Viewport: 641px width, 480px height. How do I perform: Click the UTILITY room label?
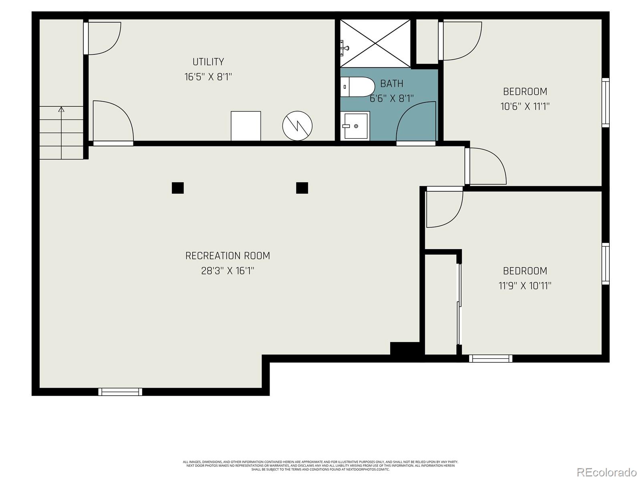[x=208, y=62]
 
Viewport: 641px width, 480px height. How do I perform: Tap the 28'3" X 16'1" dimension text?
[x=228, y=271]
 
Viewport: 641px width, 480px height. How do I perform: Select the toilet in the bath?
[x=357, y=87]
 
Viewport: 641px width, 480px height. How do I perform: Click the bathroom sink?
[x=355, y=126]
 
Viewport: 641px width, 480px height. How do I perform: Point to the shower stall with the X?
[x=375, y=43]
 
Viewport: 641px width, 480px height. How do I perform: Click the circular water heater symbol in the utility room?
[x=297, y=126]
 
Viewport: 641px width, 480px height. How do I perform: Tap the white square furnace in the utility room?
[x=246, y=126]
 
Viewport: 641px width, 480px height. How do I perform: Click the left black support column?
[x=177, y=188]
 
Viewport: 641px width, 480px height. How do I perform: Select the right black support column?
[x=302, y=188]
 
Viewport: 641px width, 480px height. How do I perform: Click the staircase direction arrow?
[x=61, y=109]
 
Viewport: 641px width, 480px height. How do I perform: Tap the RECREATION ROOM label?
[x=228, y=256]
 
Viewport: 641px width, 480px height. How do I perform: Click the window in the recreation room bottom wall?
[x=120, y=392]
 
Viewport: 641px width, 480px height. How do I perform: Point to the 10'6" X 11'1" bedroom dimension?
[x=525, y=106]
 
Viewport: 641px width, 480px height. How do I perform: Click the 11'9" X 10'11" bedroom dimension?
[x=525, y=286]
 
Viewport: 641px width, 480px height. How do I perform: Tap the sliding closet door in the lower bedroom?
[x=460, y=304]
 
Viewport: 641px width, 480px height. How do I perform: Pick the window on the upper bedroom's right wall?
[x=605, y=103]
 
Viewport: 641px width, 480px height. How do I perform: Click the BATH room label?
[x=391, y=84]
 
